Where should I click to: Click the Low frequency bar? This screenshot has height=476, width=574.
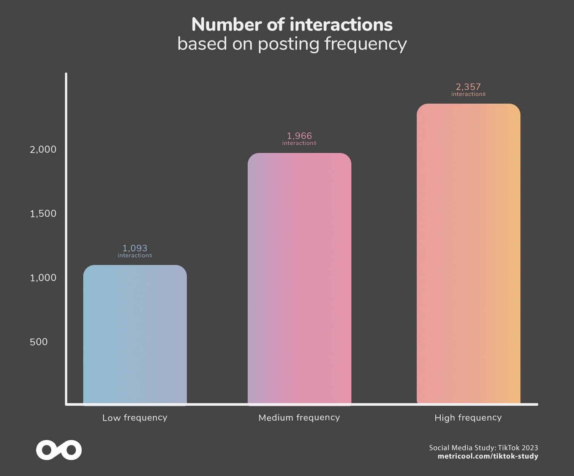(135, 334)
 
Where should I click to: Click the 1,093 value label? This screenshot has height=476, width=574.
(135, 248)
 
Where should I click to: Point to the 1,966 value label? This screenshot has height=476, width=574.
(299, 136)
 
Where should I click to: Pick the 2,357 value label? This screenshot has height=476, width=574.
(468, 87)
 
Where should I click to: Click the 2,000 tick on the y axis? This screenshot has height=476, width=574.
(43, 149)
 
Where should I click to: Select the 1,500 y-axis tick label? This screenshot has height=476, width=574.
(43, 213)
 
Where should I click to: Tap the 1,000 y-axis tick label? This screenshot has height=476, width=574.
(43, 277)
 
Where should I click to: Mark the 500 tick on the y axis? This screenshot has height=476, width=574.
(39, 342)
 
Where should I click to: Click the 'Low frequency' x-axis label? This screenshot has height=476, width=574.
(135, 418)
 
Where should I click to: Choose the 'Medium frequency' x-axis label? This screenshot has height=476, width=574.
(299, 418)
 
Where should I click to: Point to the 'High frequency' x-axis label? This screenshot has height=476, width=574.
(468, 418)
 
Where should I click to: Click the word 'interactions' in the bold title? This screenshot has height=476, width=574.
(341, 25)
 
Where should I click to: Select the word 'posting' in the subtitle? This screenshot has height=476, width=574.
(289, 44)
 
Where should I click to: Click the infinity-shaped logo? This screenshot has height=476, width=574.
(59, 450)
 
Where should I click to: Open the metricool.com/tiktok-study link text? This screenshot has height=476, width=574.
(488, 456)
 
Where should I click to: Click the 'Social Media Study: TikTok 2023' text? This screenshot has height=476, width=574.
(484, 448)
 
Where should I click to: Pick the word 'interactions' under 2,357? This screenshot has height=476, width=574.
(468, 94)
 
